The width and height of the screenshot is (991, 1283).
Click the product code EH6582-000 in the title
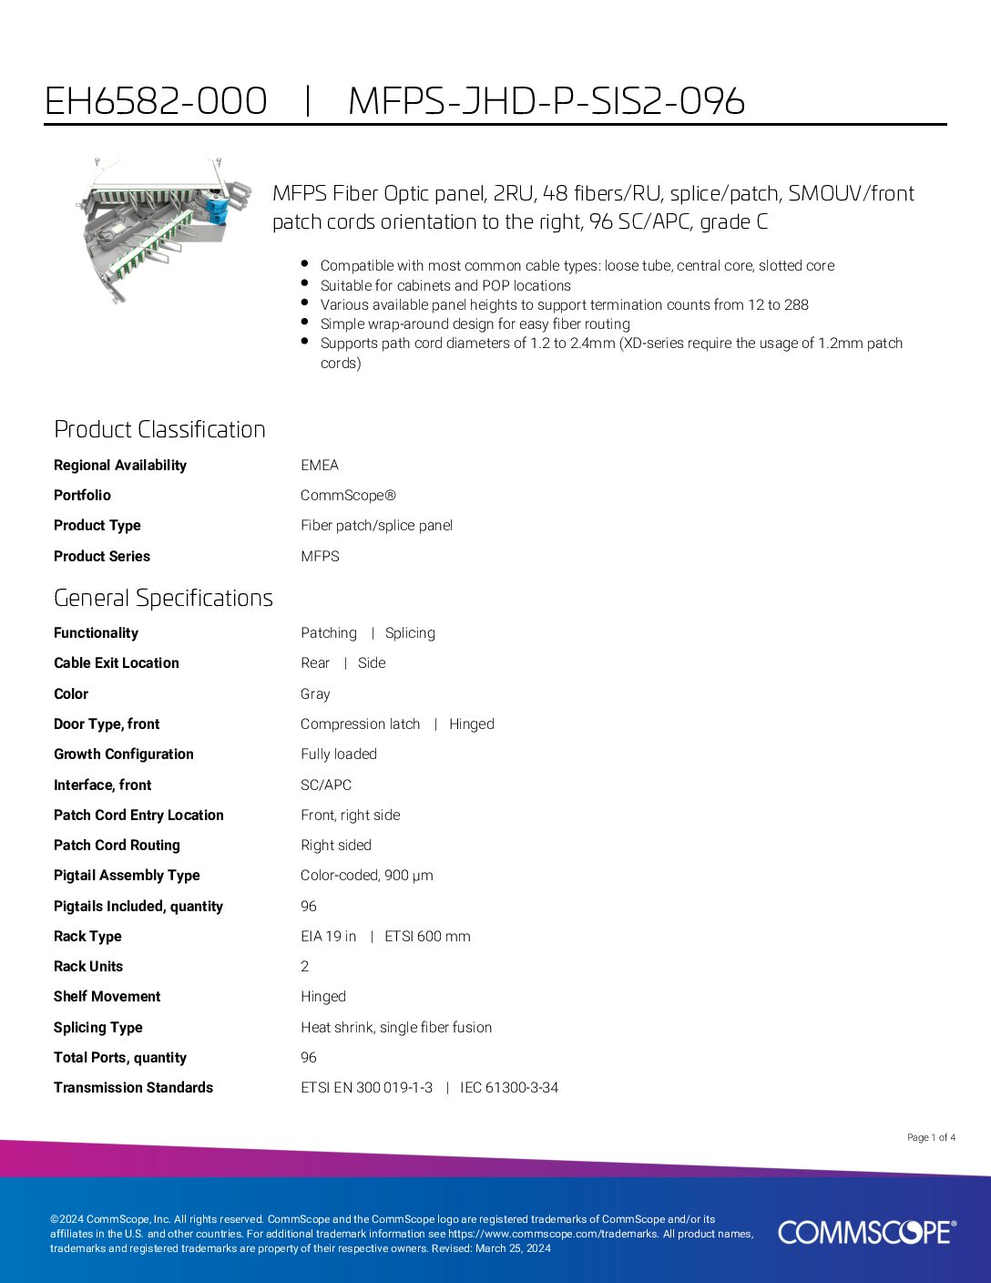[156, 101]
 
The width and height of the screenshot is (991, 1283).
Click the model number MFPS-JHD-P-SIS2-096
[547, 101]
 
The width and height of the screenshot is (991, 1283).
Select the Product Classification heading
[159, 429]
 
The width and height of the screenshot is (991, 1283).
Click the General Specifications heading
[163, 598]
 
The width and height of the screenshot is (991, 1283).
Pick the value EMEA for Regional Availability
[320, 465]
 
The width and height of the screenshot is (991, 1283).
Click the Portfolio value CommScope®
[348, 496]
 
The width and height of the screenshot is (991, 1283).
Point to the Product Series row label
[102, 556]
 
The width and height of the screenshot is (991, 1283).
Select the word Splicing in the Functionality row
[410, 633]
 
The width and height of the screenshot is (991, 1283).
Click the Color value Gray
[315, 694]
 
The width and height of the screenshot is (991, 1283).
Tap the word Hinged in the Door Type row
[472, 724]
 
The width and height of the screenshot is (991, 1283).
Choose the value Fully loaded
[339, 754]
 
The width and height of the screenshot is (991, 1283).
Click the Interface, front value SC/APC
[326, 785]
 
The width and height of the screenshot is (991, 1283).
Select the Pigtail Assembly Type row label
[127, 876]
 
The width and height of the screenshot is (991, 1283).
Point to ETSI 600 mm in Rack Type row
[427, 937]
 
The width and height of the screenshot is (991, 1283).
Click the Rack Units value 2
[305, 967]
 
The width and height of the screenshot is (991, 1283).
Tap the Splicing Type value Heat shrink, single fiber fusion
[396, 1028]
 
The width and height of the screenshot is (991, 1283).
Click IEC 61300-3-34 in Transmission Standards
[509, 1088]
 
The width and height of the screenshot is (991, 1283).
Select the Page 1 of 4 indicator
[931, 1137]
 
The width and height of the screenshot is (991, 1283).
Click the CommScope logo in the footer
[866, 1232]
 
